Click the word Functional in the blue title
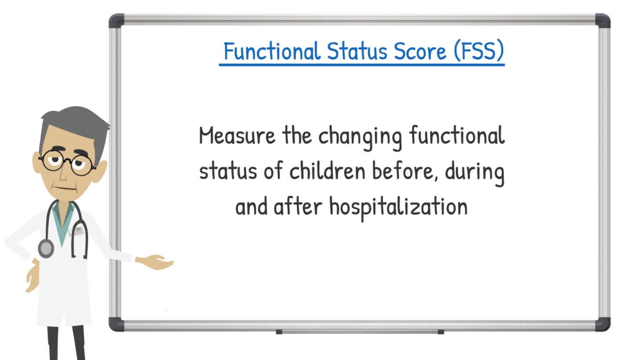click(x=272, y=51)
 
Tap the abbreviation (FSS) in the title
click(x=479, y=51)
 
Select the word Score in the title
click(x=420, y=51)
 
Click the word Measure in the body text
click(x=237, y=135)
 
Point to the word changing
click(x=360, y=138)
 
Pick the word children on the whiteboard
click(x=327, y=171)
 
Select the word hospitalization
click(x=399, y=208)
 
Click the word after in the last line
click(x=298, y=206)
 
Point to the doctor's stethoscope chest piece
click(x=46, y=248)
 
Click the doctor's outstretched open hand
click(x=155, y=262)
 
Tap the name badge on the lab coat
click(x=76, y=231)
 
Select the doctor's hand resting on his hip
click(x=33, y=276)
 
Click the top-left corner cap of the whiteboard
click(x=116, y=21)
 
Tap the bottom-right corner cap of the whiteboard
click(x=603, y=324)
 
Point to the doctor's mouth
click(x=65, y=188)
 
